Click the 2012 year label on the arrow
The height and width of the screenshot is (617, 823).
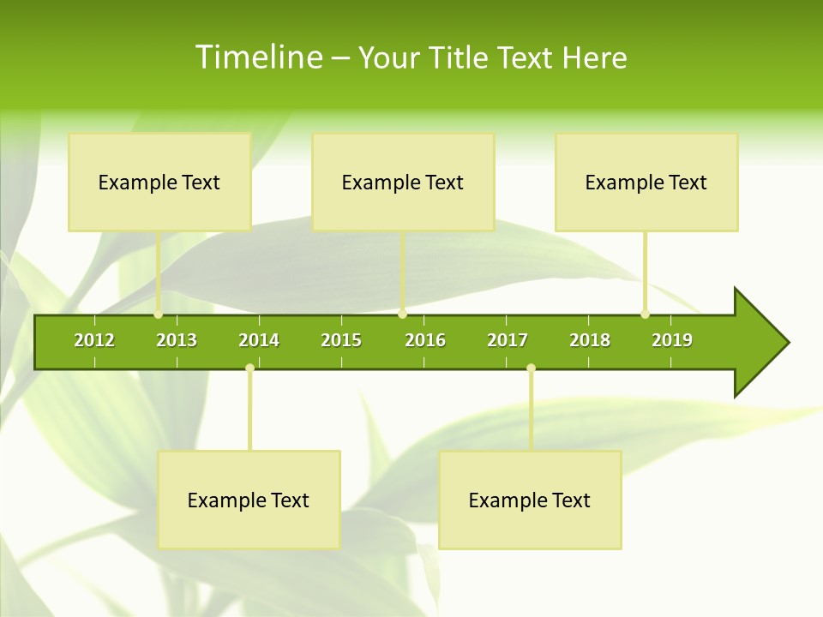point(94,340)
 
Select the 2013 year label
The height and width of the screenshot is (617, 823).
point(177,340)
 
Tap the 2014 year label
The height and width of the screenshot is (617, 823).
point(259,340)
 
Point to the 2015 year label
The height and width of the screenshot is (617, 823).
point(341,340)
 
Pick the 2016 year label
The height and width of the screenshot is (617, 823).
point(425,340)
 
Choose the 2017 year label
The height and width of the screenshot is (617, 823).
point(508,340)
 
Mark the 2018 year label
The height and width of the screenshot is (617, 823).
point(590,340)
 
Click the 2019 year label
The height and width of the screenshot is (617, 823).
point(672,340)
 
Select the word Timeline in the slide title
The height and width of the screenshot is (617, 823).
point(257,57)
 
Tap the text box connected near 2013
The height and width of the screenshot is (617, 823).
point(159,182)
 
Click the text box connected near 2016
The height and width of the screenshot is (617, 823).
point(403,182)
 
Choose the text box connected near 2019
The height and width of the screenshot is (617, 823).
point(646,182)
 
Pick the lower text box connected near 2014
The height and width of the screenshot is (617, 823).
point(249,500)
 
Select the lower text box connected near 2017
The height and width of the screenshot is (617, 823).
point(530,500)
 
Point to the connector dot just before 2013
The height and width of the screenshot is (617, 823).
point(159,314)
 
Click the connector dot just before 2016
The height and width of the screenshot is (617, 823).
point(402,314)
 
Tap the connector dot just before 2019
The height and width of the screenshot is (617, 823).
point(645,314)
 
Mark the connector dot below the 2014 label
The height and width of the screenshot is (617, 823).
point(249,368)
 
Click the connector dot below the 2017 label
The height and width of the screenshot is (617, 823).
point(531,368)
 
